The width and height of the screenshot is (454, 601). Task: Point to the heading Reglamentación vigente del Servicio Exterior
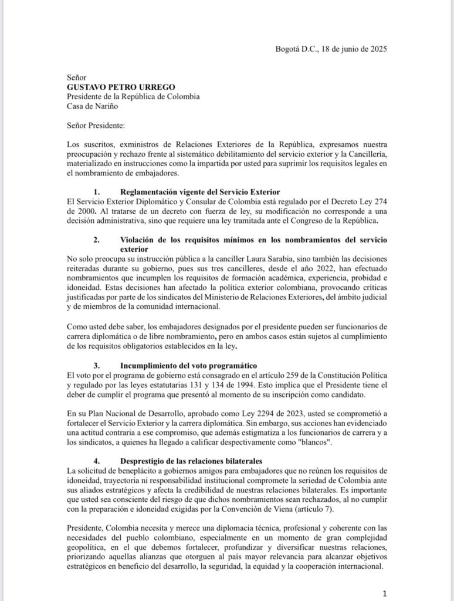coord(199,192)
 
